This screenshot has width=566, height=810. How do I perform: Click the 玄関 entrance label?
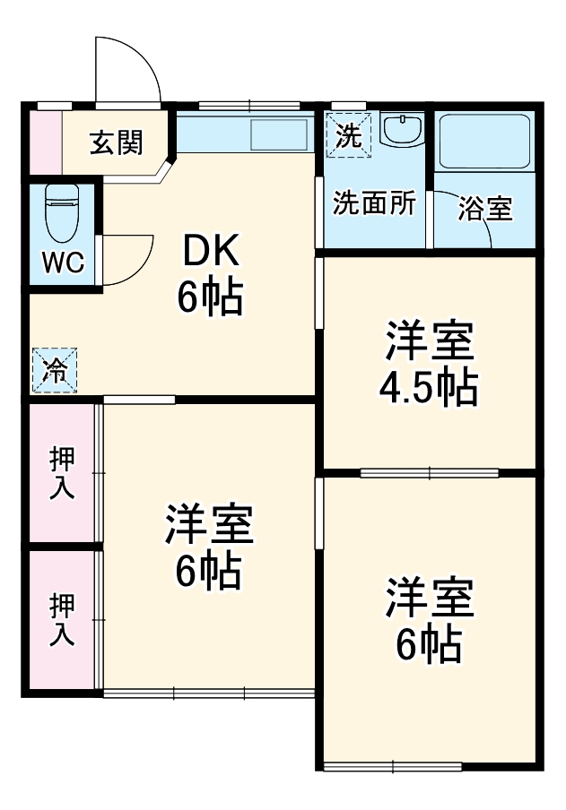click(x=117, y=142)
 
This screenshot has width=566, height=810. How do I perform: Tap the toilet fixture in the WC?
click(x=61, y=213)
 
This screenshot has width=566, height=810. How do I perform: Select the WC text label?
click(x=62, y=263)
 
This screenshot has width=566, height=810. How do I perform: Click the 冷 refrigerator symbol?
click(x=55, y=371)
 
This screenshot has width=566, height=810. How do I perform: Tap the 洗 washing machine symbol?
click(x=347, y=136)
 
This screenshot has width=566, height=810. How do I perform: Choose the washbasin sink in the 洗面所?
click(x=401, y=130)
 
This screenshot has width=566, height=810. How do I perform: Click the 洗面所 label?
click(x=374, y=203)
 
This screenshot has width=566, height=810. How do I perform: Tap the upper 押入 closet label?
click(x=62, y=472)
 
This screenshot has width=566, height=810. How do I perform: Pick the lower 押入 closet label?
click(x=62, y=620)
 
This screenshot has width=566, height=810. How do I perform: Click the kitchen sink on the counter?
click(x=279, y=135)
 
